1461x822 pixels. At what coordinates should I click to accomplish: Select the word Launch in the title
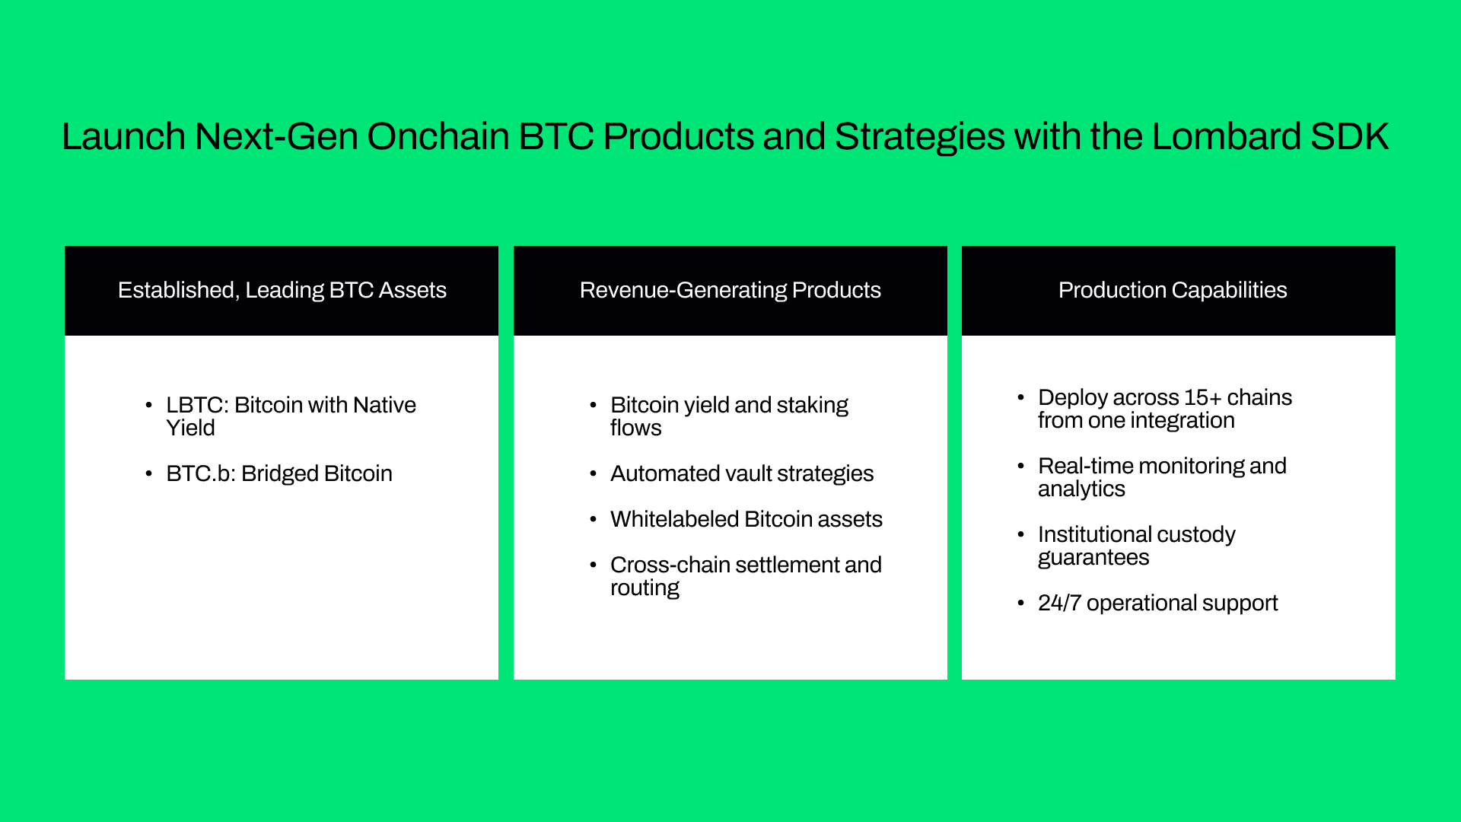123,136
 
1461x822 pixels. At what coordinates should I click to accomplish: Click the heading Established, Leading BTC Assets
282,290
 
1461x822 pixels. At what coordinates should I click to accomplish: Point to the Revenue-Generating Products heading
730,290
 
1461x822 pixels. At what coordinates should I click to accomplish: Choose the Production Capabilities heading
1173,290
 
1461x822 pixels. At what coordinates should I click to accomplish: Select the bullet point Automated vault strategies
742,473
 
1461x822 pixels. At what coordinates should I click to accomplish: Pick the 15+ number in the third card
1203,397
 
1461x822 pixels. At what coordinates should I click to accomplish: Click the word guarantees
1093,558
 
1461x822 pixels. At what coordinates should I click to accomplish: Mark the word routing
645,588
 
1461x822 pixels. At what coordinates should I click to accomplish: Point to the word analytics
1081,489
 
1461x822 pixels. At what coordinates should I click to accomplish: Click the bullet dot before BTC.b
148,473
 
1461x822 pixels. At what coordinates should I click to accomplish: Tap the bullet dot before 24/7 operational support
1020,603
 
